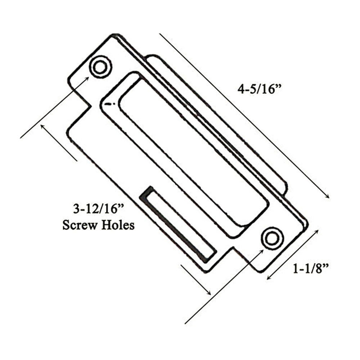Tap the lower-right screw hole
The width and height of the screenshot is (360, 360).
click(272, 238)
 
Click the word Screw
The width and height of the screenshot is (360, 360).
click(79, 225)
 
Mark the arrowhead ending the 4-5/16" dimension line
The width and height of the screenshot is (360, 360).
click(327, 196)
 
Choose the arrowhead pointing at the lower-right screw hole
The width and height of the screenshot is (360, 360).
click(260, 250)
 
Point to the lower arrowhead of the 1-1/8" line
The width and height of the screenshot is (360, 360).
click(268, 278)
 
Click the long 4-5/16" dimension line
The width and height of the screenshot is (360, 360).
click(245, 115)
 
